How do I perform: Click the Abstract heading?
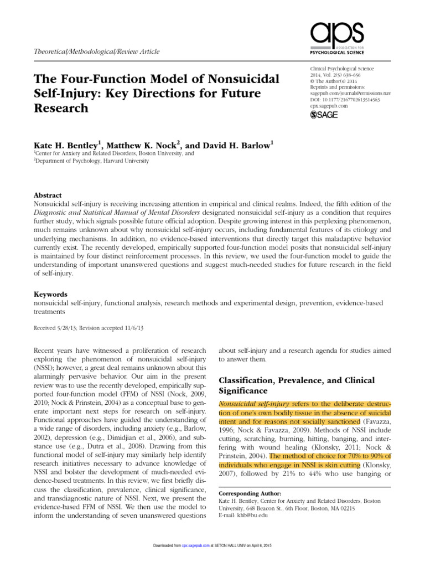[x=48, y=195]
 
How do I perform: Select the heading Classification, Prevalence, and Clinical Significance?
[x=297, y=386]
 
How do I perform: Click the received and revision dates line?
[x=89, y=328]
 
